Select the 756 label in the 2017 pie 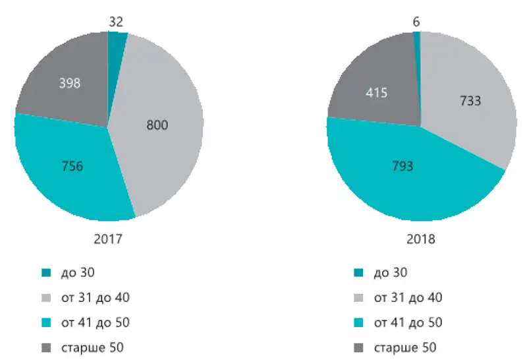pos(72,166)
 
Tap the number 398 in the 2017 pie pos(70,83)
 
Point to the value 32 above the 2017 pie pos(116,22)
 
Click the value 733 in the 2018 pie pos(470,102)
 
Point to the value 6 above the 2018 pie pos(416,22)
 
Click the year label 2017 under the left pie pos(109,239)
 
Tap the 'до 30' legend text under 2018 pos(390,272)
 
